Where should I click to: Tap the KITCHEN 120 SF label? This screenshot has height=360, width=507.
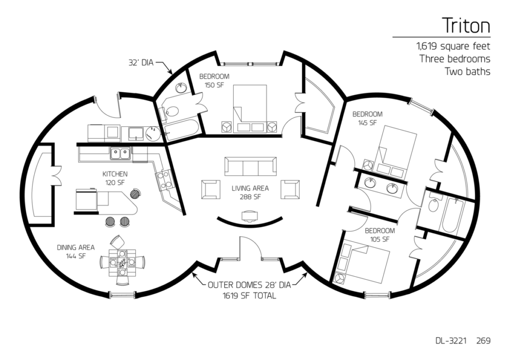click(115, 178)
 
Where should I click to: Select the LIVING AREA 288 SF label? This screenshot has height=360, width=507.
click(250, 192)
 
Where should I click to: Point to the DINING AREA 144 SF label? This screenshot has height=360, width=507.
click(75, 252)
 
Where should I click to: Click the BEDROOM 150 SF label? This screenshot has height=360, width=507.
click(214, 81)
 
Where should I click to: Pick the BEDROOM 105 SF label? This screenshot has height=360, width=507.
click(380, 235)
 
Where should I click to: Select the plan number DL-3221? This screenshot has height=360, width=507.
click(450, 341)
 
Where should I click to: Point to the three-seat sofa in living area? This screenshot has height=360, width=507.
click(250, 166)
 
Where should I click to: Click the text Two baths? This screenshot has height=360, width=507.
click(467, 72)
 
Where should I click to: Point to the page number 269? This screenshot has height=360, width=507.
click(484, 341)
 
